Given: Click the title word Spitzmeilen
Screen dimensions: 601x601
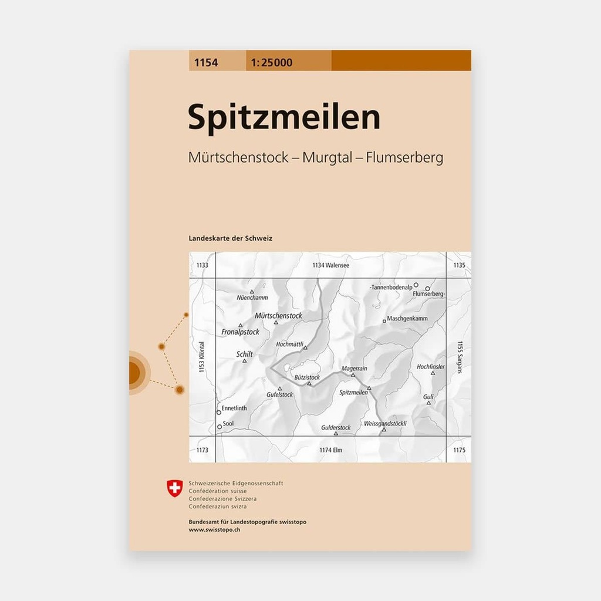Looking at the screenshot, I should point(284,118).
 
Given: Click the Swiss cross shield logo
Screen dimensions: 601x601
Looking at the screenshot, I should point(175,488).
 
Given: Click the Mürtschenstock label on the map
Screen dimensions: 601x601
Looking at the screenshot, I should point(279,316).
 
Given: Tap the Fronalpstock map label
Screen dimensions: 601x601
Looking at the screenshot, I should point(241,332).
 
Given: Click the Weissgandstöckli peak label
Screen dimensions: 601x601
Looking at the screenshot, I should point(385,423).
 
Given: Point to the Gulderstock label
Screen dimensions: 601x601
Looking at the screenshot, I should point(336,427).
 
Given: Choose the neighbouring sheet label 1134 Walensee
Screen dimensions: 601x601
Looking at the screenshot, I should point(330,265).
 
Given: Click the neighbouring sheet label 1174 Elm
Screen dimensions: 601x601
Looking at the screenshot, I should point(330,450).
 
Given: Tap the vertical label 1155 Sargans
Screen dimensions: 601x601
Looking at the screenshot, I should point(460,358).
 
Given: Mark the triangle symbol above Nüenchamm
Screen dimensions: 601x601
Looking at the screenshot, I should point(252,292).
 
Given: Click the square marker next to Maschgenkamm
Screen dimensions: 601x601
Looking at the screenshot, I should point(384,320).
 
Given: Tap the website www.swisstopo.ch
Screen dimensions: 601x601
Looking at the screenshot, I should point(214,530).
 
